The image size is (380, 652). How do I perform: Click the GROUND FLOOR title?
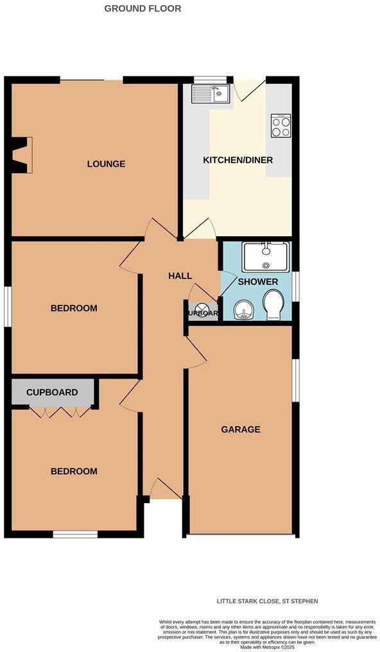tap(142, 9)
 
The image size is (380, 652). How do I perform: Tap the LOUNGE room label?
tap(106, 164)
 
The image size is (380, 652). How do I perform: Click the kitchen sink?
tap(211, 95)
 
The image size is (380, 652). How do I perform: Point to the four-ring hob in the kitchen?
tap(281, 125)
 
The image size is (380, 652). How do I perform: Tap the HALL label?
tap(180, 276)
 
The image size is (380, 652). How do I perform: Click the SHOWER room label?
tap(258, 282)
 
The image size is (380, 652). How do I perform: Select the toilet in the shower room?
tap(273, 305)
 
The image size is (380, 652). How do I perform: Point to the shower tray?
tap(266, 256)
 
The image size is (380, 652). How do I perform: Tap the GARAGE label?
tap(241, 429)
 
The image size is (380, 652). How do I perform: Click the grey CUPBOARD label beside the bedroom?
tap(52, 392)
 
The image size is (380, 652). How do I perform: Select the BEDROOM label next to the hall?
tap(74, 308)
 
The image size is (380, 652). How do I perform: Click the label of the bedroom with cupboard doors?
tap(74, 471)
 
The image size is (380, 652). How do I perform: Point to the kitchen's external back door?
tap(249, 89)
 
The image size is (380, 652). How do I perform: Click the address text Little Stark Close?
tap(267, 601)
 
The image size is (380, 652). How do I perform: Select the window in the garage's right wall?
tap(295, 381)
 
